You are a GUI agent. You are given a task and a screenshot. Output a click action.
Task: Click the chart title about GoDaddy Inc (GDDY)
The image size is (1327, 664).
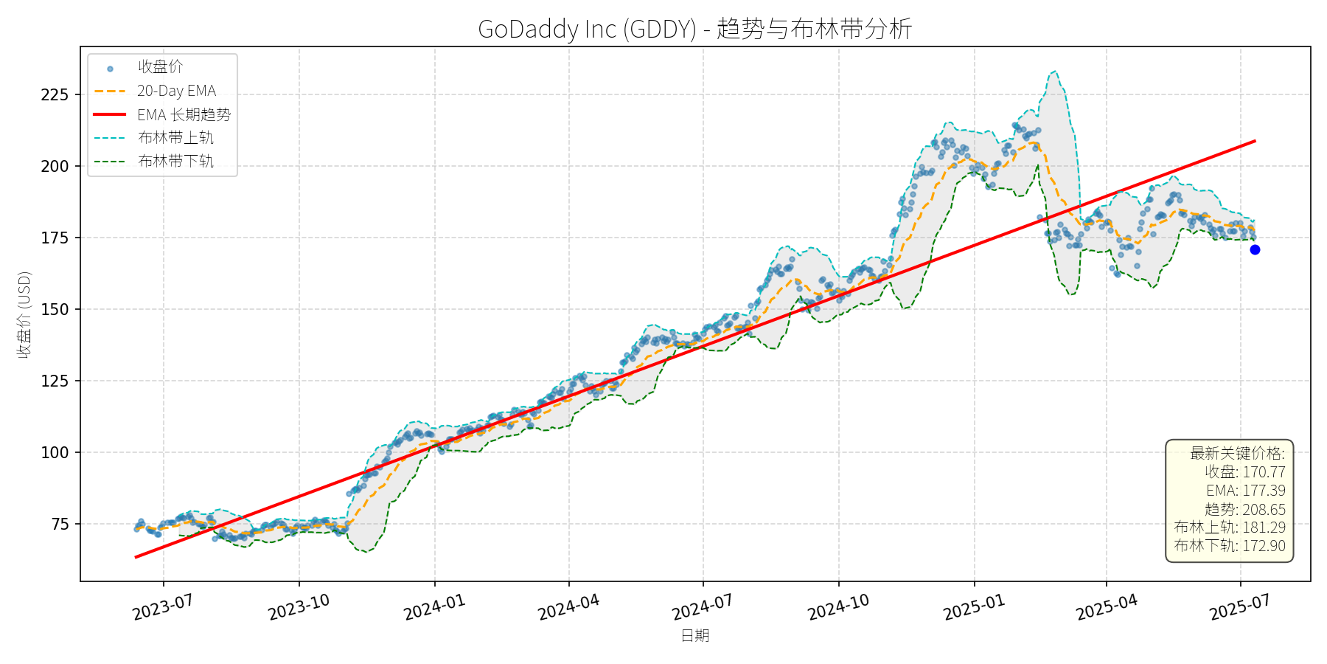(694, 29)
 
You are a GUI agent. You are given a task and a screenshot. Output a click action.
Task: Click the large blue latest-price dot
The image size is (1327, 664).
(1255, 249)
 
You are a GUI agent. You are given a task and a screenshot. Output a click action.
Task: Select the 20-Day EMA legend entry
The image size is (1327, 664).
(176, 91)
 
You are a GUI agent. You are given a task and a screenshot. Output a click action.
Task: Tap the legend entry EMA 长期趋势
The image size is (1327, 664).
(184, 114)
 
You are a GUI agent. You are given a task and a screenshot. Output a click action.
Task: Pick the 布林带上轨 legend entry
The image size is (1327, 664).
(175, 138)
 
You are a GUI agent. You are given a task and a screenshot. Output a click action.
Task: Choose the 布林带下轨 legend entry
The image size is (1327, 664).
(175, 161)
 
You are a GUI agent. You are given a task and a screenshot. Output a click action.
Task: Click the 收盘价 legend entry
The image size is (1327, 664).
(160, 67)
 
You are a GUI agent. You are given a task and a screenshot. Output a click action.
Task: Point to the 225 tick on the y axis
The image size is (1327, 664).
(55, 94)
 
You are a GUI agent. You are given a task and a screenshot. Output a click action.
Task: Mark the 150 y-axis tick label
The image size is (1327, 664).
(55, 309)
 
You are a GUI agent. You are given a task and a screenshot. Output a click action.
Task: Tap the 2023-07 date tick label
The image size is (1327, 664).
(163, 607)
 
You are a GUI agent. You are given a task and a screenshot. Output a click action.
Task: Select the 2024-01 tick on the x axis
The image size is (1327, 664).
(434, 607)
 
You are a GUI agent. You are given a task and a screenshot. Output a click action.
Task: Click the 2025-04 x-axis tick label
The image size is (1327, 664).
(1107, 607)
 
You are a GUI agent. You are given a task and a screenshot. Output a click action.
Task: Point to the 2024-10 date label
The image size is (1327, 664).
(838, 607)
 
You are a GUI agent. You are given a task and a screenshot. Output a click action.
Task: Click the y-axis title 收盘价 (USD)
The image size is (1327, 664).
(24, 314)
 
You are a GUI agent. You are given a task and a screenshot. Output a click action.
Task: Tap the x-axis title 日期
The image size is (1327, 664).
(694, 635)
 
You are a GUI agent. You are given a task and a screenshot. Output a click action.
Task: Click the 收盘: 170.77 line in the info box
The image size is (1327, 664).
(1244, 472)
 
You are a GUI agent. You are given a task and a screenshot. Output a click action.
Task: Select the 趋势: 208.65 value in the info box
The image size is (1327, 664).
(1244, 509)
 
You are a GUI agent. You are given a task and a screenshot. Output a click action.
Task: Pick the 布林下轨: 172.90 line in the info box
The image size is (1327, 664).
(1230, 546)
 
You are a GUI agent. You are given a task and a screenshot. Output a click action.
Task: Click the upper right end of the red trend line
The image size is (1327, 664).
(1254, 141)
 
